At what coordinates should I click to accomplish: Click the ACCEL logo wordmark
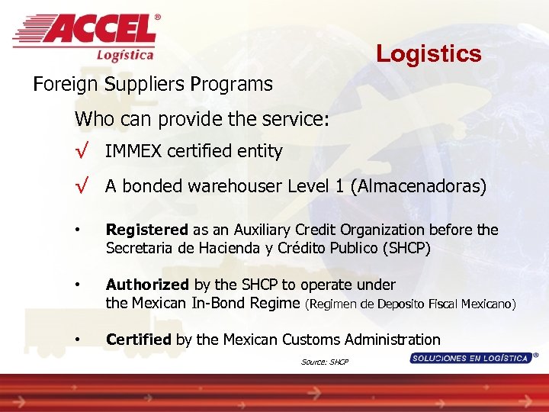pyautogui.click(x=99, y=31)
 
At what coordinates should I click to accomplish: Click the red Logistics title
pyautogui.click(x=429, y=53)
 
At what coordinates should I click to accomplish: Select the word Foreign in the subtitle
pyautogui.click(x=60, y=84)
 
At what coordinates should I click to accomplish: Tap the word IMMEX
pyautogui.click(x=130, y=152)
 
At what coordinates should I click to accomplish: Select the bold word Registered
pyautogui.click(x=146, y=230)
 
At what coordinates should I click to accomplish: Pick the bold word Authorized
pyautogui.click(x=147, y=285)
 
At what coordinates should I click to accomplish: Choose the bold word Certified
pyautogui.click(x=139, y=340)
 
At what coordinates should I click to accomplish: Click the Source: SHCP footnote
pyautogui.click(x=325, y=362)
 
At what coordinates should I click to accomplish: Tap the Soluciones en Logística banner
pyautogui.click(x=470, y=358)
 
